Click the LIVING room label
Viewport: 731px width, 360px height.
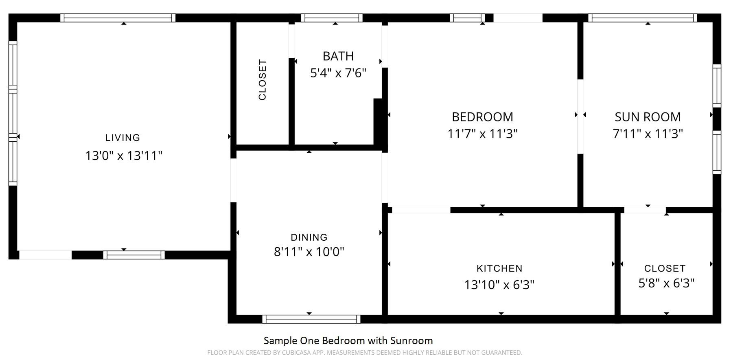[123, 138]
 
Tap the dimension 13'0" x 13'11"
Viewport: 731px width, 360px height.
[124, 156]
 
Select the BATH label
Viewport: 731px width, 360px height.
[338, 56]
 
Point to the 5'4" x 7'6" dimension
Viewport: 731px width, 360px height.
[338, 73]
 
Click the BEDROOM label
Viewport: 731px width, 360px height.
[482, 117]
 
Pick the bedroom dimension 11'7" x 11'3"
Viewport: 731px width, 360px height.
[482, 134]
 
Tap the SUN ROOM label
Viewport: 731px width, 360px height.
[648, 117]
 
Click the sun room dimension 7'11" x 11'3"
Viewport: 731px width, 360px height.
[648, 134]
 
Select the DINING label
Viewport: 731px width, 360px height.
[309, 237]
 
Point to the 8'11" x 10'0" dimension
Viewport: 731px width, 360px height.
[309, 252]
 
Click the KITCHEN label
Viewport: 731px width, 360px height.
[499, 268]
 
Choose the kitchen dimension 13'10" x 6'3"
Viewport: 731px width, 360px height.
[499, 284]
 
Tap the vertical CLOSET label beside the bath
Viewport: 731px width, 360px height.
[263, 80]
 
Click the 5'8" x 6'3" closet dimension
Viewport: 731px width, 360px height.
[666, 283]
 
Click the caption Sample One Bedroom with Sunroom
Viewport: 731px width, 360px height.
[348, 340]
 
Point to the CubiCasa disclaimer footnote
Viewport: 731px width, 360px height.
[365, 353]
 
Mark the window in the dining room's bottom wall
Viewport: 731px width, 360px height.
[311, 319]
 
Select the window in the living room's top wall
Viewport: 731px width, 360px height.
[118, 18]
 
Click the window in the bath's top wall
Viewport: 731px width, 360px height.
[332, 18]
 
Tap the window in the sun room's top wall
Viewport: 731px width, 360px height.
[643, 18]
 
